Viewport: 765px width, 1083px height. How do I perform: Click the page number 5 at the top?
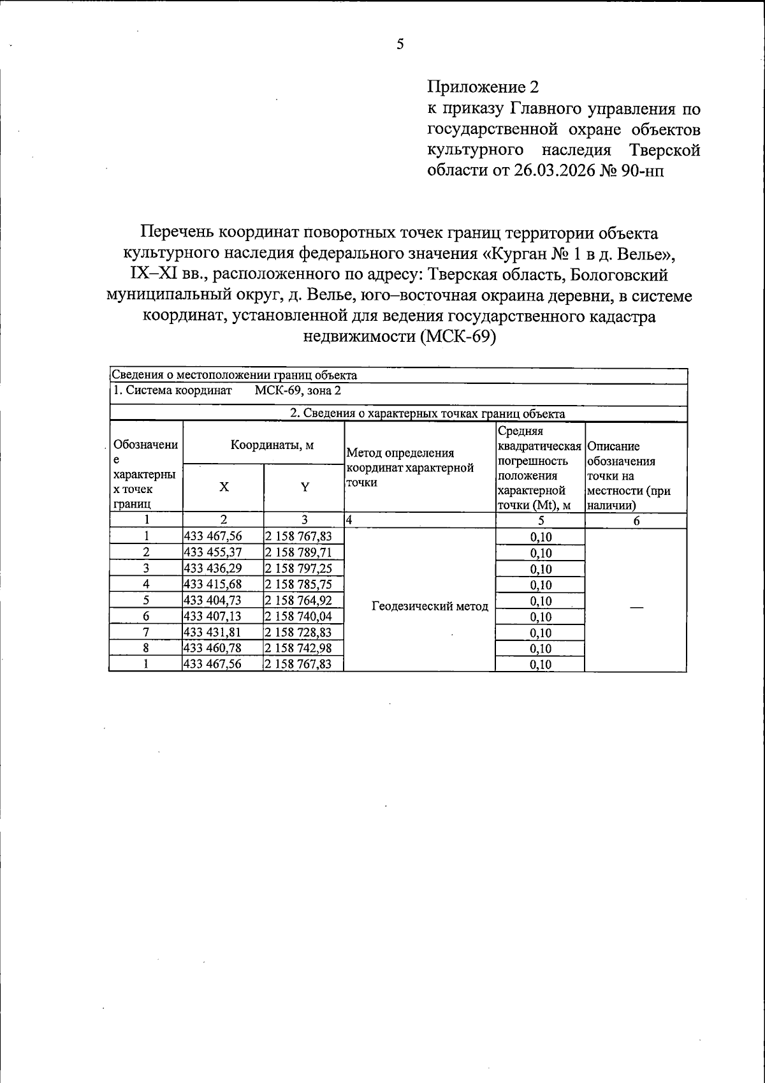coord(400,45)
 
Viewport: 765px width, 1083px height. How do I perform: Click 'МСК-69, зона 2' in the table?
coord(298,391)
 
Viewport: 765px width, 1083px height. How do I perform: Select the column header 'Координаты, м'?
coord(272,445)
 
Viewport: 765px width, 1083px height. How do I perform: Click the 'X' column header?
coord(224,487)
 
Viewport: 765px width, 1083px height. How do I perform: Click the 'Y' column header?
coord(305,487)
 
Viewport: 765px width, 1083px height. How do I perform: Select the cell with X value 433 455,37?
coord(213,552)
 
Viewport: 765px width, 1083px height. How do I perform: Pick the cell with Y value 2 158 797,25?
coord(298,568)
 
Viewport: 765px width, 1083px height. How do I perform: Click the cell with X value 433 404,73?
coord(213,600)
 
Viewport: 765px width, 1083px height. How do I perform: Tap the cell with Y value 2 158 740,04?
coord(298,616)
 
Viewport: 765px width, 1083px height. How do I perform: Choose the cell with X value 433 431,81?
coord(213,632)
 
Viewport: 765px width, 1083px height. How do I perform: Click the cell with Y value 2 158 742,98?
coord(298,648)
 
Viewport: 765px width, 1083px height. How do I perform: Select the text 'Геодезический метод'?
coord(430,607)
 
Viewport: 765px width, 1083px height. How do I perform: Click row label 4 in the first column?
coord(146,584)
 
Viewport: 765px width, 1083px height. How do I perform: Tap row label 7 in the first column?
coord(146,632)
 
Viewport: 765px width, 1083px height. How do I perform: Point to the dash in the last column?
coord(636,608)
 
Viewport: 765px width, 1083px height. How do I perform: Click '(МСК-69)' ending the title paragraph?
coord(458,337)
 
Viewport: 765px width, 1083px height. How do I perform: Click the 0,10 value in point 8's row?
coord(541,649)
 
